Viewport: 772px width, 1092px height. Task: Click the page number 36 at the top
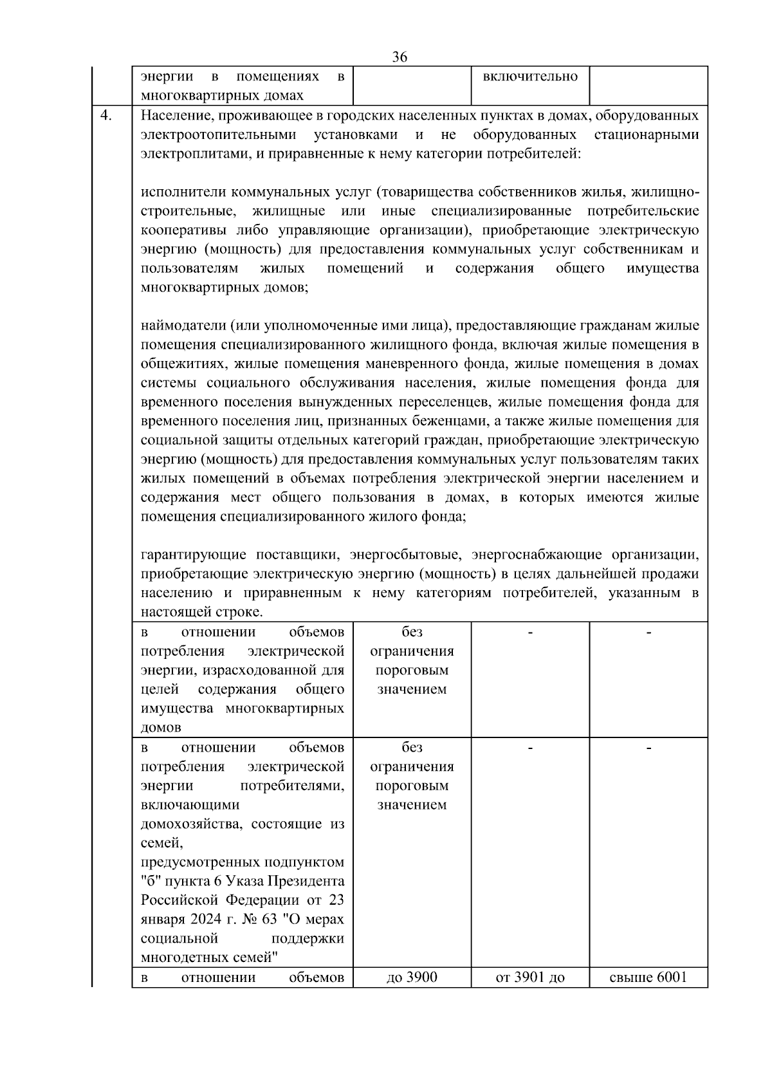[399, 57]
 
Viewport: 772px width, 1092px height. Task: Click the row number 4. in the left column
[107, 116]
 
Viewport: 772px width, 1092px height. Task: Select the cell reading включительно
[530, 77]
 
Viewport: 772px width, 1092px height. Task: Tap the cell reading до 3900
[412, 977]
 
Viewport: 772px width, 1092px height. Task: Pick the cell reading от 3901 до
[530, 977]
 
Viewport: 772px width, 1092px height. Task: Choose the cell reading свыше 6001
[648, 977]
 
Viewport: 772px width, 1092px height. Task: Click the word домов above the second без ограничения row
[161, 728]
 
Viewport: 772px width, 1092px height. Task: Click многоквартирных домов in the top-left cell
[221, 96]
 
